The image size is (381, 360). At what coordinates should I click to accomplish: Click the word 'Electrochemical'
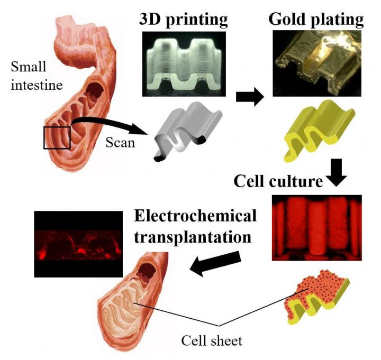click(x=195, y=216)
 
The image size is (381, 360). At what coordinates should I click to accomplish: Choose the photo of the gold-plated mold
click(x=316, y=63)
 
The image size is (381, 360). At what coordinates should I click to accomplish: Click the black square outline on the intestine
click(x=57, y=138)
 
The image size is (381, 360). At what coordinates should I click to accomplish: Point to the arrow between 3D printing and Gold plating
click(x=249, y=97)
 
